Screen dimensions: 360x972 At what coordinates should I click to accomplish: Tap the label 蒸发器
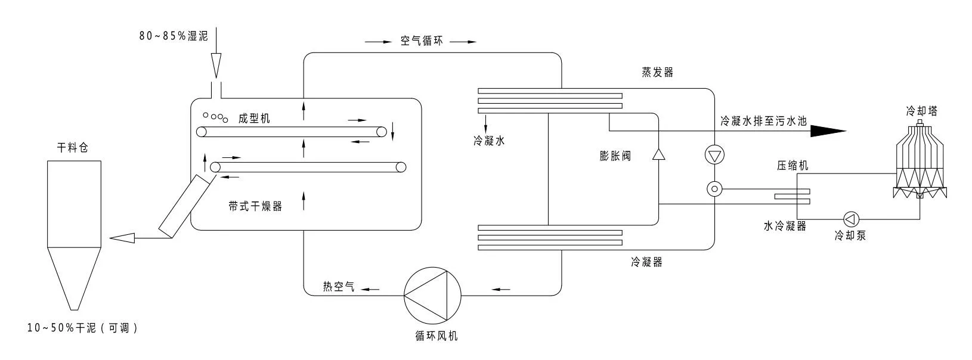[x=658, y=73]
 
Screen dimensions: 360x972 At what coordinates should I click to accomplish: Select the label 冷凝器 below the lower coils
[x=646, y=262]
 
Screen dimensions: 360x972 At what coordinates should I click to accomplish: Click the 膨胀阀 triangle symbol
[x=658, y=154]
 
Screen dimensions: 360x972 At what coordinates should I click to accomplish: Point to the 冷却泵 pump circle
[x=850, y=218]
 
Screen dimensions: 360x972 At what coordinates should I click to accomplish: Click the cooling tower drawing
[x=919, y=161]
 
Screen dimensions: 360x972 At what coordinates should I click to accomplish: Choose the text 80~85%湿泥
[x=174, y=36]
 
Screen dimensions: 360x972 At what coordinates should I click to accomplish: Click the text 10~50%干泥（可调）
[x=82, y=328]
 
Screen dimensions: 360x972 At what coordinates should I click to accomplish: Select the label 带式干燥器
[x=255, y=207]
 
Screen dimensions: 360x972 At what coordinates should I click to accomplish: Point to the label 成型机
[x=254, y=119]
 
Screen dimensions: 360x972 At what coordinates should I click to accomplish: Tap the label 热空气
[x=339, y=287]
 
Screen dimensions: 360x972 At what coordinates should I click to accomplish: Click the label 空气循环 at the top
[x=422, y=42]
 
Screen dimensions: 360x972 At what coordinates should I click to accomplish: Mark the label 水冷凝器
[x=785, y=226]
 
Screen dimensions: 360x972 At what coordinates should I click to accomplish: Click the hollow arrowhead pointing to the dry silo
[x=123, y=238]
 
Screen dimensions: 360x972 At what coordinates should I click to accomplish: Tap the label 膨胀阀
[x=615, y=157]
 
